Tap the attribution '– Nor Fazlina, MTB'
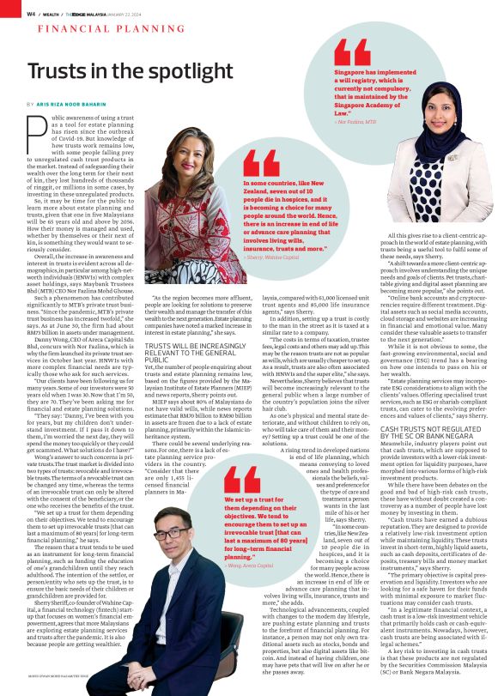pos(355,122)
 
